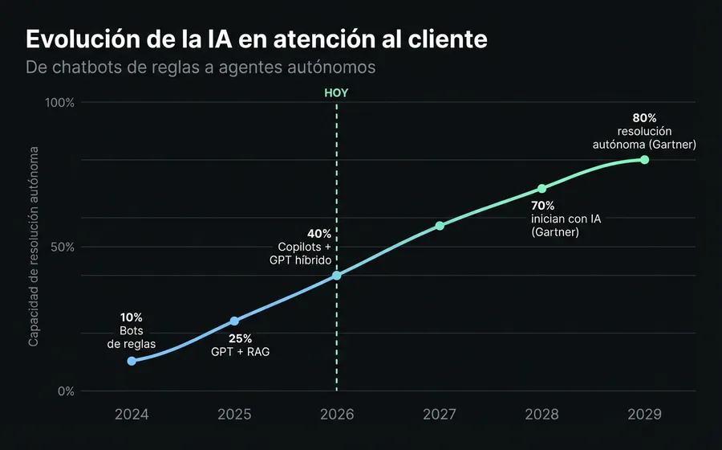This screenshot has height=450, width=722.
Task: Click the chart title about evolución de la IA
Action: click(256, 39)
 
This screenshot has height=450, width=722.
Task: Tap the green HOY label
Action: click(336, 92)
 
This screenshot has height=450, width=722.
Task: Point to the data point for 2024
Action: click(132, 361)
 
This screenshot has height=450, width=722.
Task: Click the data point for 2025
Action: click(234, 321)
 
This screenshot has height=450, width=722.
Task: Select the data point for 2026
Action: click(337, 276)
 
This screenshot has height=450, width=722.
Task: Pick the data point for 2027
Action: click(440, 226)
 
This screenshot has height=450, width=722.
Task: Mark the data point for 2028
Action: click(542, 189)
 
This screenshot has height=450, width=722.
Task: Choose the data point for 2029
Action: click(644, 160)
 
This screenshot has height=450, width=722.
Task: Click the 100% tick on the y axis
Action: click(59, 103)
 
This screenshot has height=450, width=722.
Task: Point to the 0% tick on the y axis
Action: click(66, 391)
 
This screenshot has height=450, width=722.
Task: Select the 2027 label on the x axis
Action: click(440, 415)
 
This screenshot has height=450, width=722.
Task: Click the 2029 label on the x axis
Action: click(644, 415)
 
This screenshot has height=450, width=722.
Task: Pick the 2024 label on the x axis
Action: click(132, 415)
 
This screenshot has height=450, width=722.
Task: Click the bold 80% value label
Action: click(644, 118)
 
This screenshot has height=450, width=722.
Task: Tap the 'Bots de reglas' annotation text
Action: click(131, 337)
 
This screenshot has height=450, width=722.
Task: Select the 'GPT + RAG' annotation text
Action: click(241, 352)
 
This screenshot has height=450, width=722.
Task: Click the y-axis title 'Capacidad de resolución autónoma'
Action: click(34, 247)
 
